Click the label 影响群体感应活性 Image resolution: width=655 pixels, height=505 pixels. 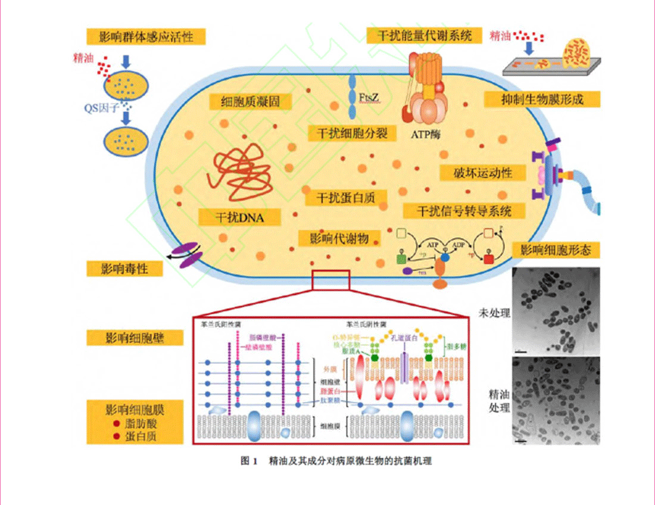146,36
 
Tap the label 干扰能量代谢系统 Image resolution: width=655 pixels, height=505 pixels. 423,35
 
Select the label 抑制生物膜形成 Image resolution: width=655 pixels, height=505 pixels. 542,99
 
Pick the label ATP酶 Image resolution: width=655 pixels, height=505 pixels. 427,133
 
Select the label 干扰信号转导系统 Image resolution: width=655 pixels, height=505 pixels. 456,211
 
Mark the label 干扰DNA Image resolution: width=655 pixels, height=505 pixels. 239,217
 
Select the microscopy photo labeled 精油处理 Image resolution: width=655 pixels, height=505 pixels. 556,401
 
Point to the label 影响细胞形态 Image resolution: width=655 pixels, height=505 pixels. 556,250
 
